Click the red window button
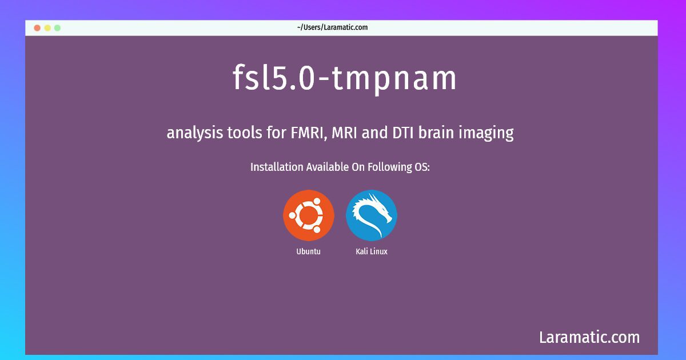coord(37,28)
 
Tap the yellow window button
coord(47,28)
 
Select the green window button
coord(57,28)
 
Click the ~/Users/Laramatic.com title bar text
coord(332,27)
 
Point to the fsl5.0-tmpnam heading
coord(345,79)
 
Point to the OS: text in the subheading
coord(422,167)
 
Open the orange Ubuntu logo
coord(308,215)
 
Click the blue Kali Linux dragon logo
coord(372,215)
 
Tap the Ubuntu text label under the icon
coord(308,251)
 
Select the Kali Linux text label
coord(372,251)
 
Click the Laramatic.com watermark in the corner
coord(589,337)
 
